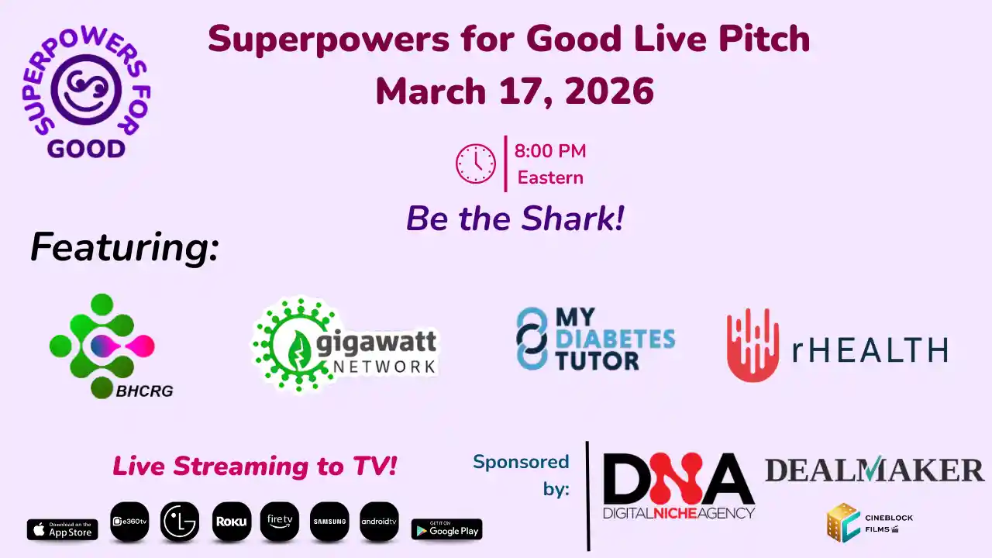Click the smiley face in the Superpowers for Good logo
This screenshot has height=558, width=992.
pos(86,89)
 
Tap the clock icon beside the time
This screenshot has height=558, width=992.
pos(475,164)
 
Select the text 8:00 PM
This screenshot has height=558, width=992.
pos(550,151)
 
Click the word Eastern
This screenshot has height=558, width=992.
pos(550,177)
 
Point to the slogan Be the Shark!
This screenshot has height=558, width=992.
pos(515,219)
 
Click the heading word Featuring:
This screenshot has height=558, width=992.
pos(125,248)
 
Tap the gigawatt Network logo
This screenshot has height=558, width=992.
pos(346,344)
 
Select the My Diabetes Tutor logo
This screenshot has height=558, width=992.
pos(595,339)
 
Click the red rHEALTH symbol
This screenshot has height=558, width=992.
pos(752,346)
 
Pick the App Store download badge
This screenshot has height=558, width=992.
pos(63,529)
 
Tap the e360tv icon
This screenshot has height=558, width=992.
pos(129,522)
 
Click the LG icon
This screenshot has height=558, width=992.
pos(180,522)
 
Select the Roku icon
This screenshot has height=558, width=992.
pos(231,522)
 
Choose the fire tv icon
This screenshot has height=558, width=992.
pos(280,522)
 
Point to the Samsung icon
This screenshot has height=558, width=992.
pos(329,522)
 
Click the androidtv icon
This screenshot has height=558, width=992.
pos(379,522)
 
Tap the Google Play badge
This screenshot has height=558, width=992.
pos(446,529)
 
